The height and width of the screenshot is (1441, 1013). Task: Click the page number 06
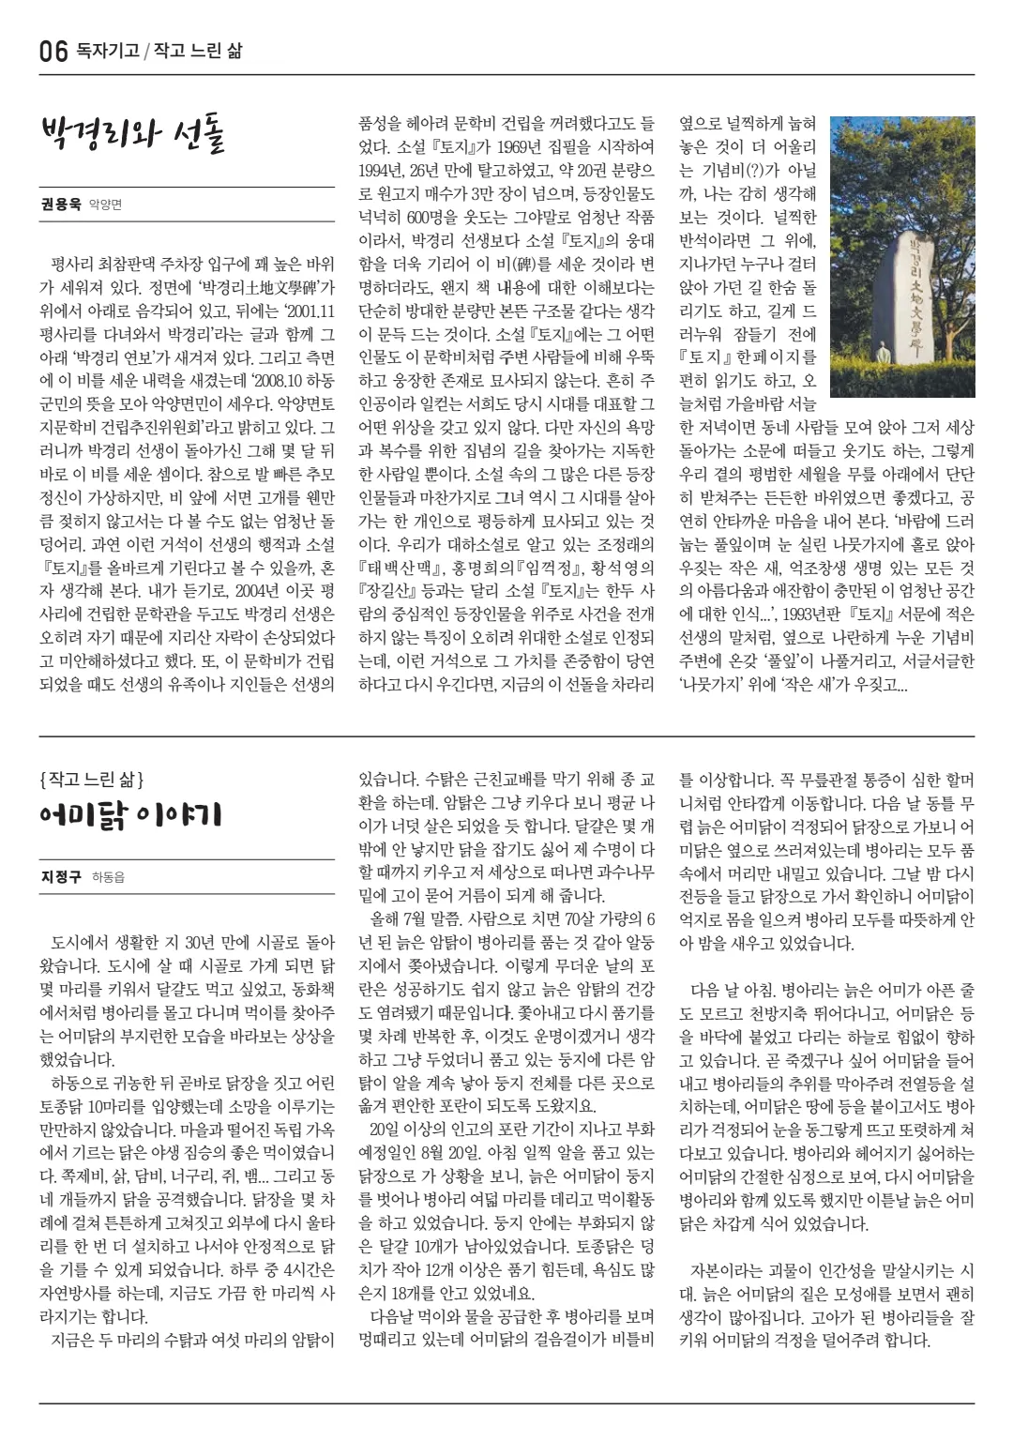pos(53,51)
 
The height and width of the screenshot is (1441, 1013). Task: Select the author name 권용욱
pos(60,204)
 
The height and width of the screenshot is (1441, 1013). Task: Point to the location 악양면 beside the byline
pos(105,205)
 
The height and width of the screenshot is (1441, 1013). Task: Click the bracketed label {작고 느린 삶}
pos(92,779)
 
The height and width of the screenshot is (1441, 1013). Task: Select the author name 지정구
pos(60,876)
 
